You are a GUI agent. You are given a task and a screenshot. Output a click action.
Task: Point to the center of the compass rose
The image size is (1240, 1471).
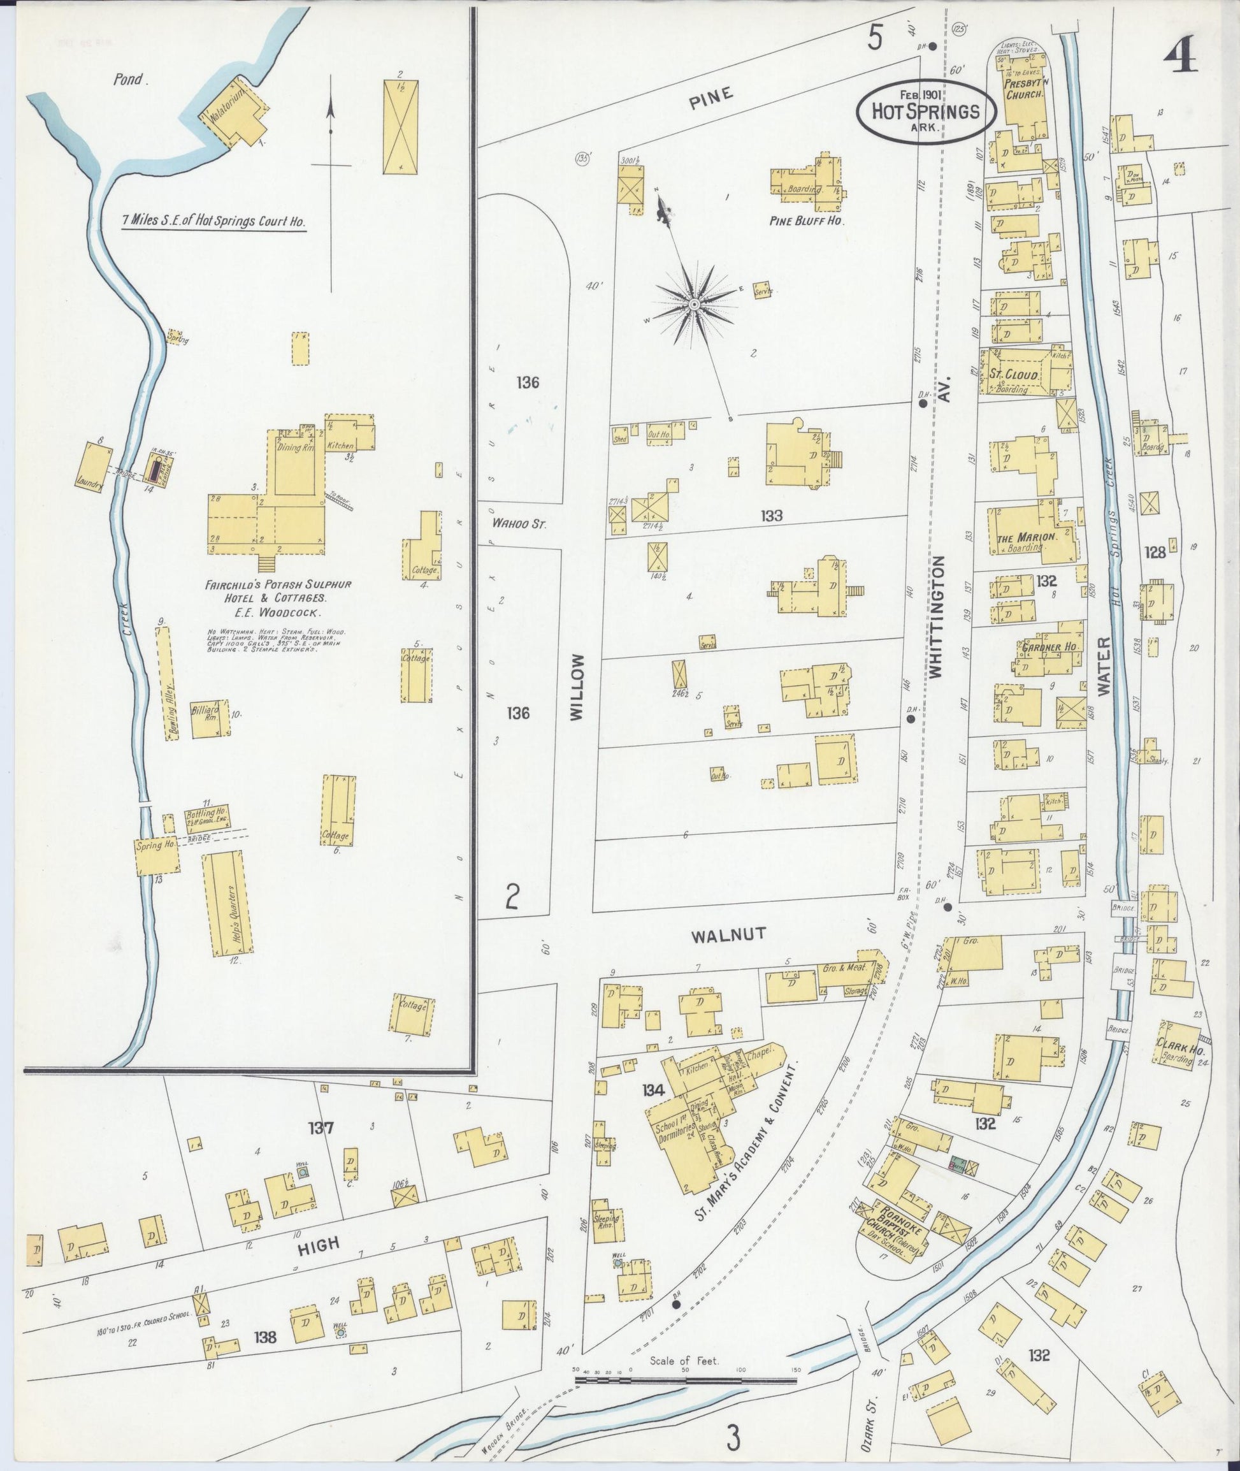point(694,304)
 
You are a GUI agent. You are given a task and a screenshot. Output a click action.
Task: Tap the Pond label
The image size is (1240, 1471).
point(131,80)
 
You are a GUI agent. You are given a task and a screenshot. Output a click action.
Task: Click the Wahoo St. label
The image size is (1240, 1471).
point(519,523)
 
